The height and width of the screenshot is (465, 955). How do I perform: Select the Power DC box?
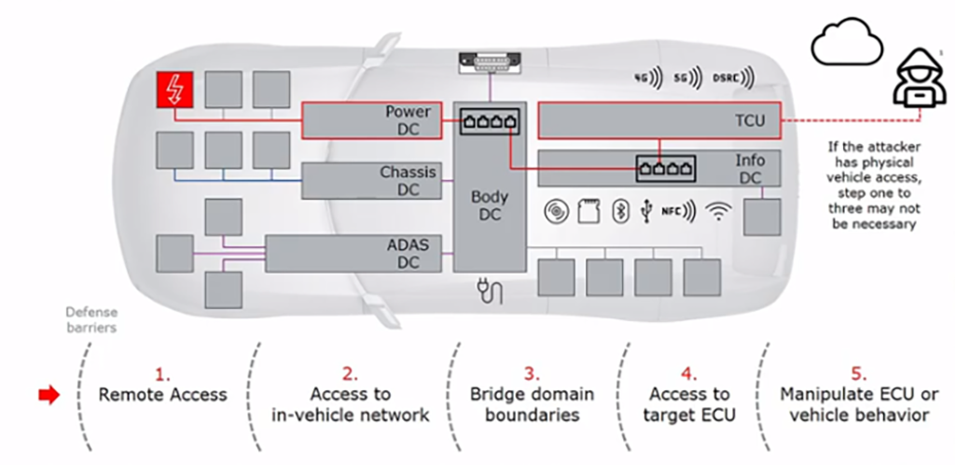pos(372,120)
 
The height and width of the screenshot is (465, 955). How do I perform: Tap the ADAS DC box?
pos(357,253)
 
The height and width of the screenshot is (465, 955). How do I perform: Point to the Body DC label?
pos(490,205)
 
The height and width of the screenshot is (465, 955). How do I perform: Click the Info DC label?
pos(749,169)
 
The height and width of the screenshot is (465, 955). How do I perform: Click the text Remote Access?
pos(162,394)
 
